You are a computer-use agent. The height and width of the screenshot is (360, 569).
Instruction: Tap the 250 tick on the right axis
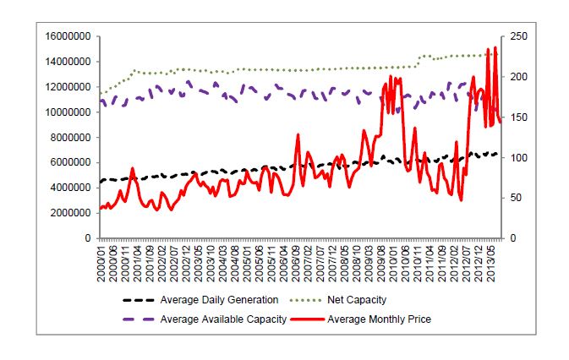[517, 36]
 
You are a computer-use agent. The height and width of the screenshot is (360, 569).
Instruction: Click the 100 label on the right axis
[517, 157]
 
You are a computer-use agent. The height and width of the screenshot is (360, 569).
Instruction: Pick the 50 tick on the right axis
[514, 198]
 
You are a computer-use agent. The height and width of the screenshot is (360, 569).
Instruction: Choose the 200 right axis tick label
[517, 77]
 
